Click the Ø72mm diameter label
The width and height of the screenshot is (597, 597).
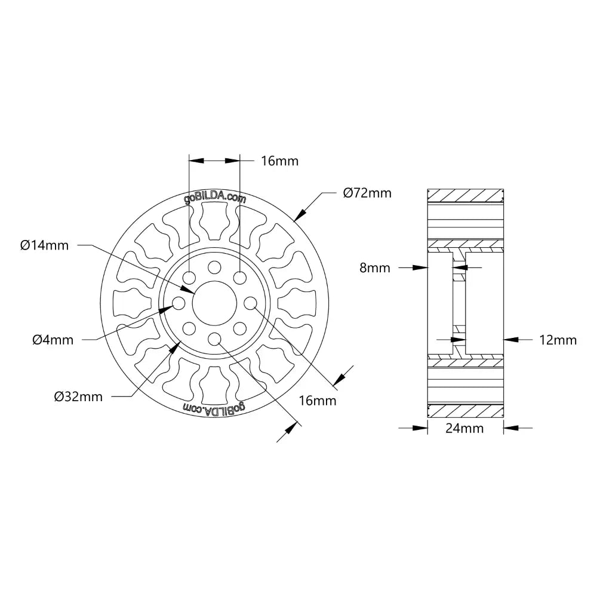[x=367, y=193]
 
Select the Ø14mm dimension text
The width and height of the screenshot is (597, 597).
[x=44, y=245]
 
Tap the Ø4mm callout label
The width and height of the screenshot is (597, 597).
[x=53, y=340]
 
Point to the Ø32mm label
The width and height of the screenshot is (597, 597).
[x=78, y=396]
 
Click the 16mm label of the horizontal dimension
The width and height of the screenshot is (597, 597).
[x=279, y=161]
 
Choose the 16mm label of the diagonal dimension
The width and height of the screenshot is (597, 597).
[x=317, y=401]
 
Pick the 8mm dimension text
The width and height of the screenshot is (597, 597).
[x=375, y=268]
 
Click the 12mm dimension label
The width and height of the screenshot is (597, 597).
[x=558, y=340]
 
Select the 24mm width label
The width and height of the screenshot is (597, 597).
[x=465, y=428]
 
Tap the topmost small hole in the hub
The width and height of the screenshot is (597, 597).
[x=214, y=267]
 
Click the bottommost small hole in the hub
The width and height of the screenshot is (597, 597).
[x=214, y=340]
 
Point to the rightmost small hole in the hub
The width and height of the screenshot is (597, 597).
[x=250, y=303]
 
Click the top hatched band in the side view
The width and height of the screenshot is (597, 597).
[x=465, y=195]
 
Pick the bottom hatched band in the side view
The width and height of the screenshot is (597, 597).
[x=465, y=411]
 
